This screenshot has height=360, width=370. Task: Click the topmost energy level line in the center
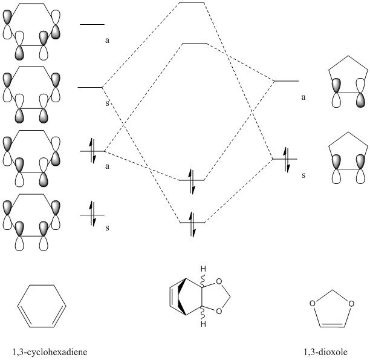[192, 3]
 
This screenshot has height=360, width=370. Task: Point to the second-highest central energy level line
[195, 44]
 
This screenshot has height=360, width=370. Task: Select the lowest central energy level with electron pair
[193, 221]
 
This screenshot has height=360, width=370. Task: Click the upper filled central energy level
[193, 180]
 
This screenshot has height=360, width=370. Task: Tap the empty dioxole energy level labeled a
[287, 81]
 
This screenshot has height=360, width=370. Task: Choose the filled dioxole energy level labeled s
[284, 159]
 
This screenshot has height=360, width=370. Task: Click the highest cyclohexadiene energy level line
[92, 25]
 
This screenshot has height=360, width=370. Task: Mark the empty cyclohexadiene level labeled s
[90, 88]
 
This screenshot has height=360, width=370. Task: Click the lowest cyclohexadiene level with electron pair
[92, 214]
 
